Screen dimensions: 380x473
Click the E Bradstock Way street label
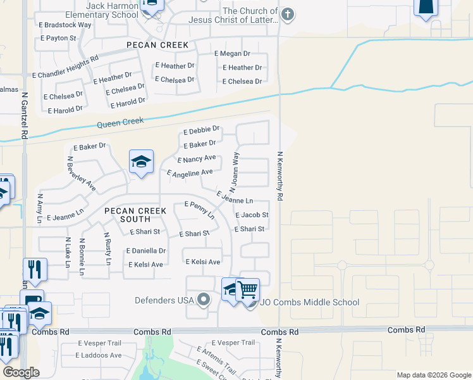[65, 25]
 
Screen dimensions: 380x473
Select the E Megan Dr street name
[232, 54]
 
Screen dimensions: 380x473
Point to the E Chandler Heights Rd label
[68, 66]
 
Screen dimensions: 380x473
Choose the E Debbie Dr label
[202, 130]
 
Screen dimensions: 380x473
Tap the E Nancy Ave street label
[197, 158]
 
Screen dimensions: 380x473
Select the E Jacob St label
[252, 215]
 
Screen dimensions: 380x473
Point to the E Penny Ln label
[200, 210]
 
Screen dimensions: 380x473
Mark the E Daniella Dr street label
[146, 251]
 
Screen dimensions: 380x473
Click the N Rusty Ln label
[107, 249]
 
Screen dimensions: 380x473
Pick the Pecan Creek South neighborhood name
[135, 214]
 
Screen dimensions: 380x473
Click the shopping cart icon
[248, 289]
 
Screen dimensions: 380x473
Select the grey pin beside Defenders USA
[203, 299]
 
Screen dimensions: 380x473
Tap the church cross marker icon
[288, 15]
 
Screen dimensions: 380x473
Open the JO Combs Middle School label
[309, 303]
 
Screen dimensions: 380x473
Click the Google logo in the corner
[20, 372]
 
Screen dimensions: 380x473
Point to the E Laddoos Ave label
[99, 355]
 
